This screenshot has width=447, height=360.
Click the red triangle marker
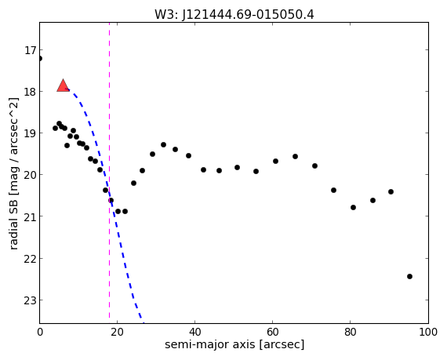click(63, 86)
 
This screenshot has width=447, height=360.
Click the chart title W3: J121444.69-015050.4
click(234, 15)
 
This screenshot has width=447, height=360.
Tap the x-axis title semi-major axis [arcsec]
click(234, 344)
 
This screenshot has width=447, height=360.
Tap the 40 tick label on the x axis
click(194, 332)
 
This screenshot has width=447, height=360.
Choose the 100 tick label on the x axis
click(428, 332)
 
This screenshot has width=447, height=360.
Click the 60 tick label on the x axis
click(273, 332)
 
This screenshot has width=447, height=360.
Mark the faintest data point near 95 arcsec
click(409, 276)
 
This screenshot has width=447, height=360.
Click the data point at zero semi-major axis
click(40, 59)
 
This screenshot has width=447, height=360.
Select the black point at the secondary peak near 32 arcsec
click(163, 144)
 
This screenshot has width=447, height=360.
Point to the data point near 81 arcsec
click(353, 207)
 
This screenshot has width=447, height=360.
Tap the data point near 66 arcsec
click(295, 156)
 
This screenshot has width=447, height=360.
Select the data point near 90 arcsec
click(391, 191)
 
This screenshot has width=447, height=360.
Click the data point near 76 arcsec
click(333, 190)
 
